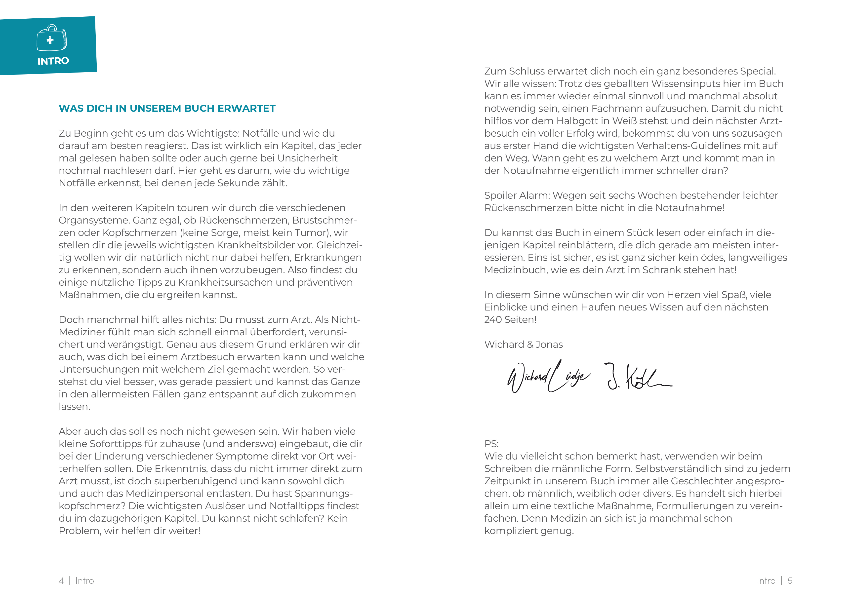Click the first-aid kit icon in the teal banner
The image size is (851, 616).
[52, 38]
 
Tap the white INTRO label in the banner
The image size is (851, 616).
[53, 61]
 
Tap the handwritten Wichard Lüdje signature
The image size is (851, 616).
[548, 377]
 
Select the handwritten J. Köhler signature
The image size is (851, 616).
[638, 377]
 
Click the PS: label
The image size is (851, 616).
[491, 444]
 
